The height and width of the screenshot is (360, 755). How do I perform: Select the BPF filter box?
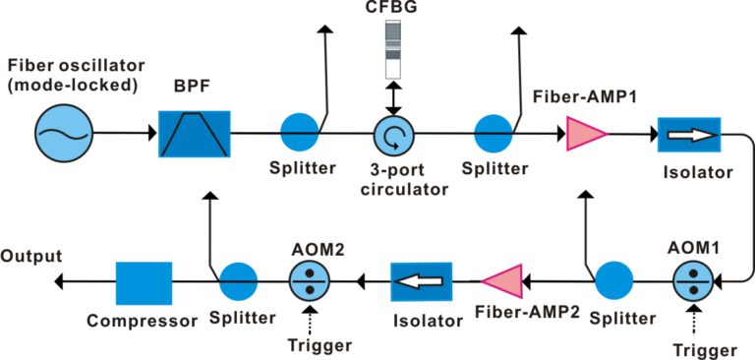click(194, 133)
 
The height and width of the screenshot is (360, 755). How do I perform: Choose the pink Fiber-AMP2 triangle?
click(502, 281)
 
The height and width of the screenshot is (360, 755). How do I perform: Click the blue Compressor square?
click(144, 282)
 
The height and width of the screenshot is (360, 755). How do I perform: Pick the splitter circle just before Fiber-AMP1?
click(494, 133)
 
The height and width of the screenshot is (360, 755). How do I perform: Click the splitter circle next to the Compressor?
click(237, 281)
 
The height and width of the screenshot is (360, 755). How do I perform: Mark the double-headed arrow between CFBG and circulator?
click(394, 97)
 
